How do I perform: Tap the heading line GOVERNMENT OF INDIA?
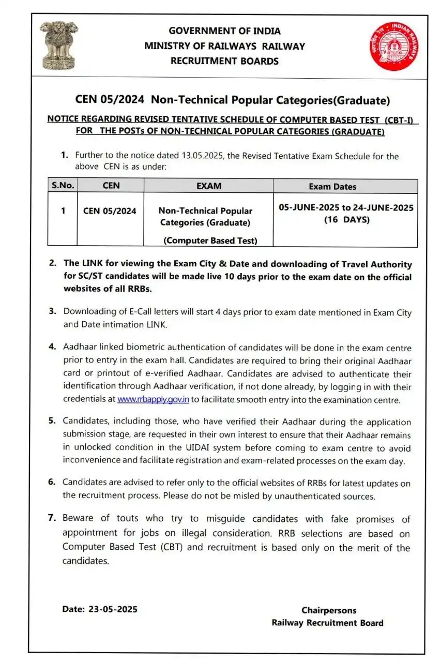coord(224,31)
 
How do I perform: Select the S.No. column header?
coord(63,186)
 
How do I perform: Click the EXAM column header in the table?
coord(208,186)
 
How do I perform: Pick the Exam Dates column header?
coord(332,186)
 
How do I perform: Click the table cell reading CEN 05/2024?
coord(110,210)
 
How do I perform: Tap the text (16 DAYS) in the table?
coord(345,219)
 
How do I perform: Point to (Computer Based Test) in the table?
coord(210,240)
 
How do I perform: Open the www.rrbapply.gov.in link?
coord(153,399)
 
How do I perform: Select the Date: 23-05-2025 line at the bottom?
coord(100,609)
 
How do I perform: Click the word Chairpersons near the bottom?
coord(329,610)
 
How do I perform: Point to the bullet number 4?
coord(52,347)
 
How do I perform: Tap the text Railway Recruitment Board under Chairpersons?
coord(327,623)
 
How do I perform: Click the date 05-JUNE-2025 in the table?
coord(309,207)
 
